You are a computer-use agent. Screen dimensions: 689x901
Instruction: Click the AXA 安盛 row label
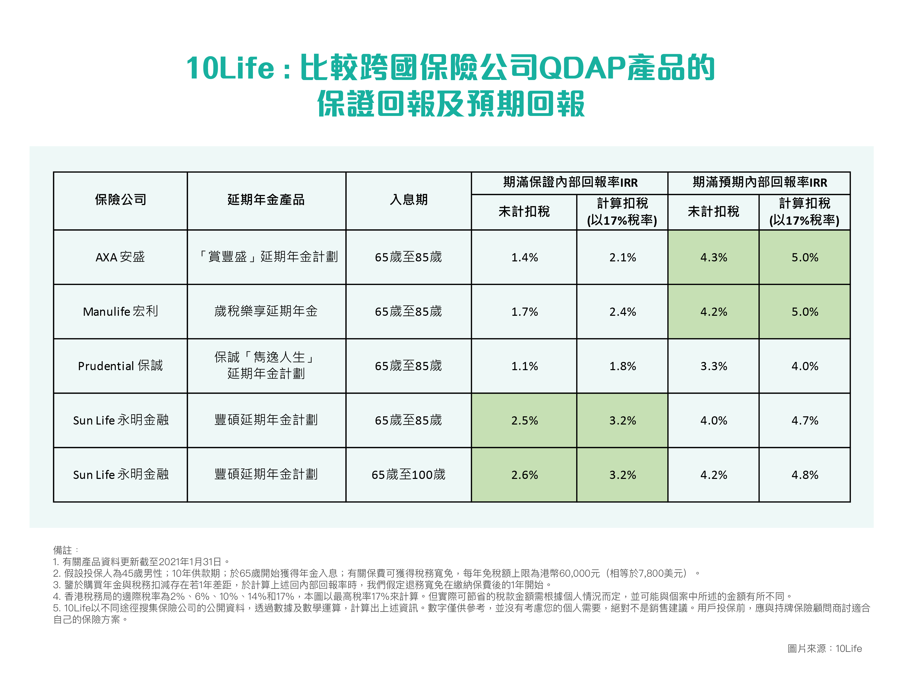pos(120,257)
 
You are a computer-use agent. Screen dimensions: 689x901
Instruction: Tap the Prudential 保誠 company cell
pos(120,366)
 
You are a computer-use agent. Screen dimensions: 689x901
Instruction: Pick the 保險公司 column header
pos(120,200)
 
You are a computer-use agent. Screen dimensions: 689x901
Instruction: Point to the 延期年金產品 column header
pos(266,200)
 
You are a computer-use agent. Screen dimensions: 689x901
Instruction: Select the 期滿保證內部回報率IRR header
pos(570,182)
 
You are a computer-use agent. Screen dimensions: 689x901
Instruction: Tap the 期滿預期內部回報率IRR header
pos(759,182)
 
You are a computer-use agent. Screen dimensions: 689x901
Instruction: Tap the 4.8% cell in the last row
pos(804,475)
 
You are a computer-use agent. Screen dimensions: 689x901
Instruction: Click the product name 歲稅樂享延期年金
pos(266,311)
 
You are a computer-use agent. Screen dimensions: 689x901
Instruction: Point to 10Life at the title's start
pos(230,68)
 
